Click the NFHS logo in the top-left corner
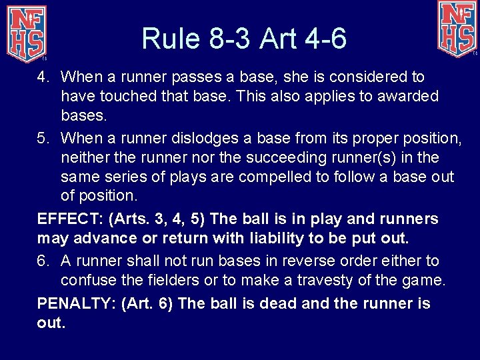point(26,31)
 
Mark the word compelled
point(277,177)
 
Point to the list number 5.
point(42,139)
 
